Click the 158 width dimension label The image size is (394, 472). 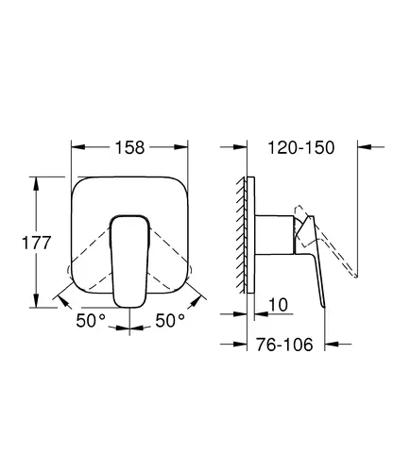click(x=129, y=147)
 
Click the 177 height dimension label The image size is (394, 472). click(x=36, y=243)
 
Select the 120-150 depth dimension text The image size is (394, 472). click(x=300, y=147)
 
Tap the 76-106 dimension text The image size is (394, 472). click(x=284, y=345)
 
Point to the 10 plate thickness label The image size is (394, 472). click(x=278, y=305)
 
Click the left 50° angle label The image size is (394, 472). click(x=91, y=320)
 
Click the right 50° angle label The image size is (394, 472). click(x=170, y=320)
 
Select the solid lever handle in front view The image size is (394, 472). click(x=129, y=261)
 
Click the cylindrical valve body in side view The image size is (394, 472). click(x=274, y=235)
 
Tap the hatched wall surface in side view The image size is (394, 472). click(x=241, y=235)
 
